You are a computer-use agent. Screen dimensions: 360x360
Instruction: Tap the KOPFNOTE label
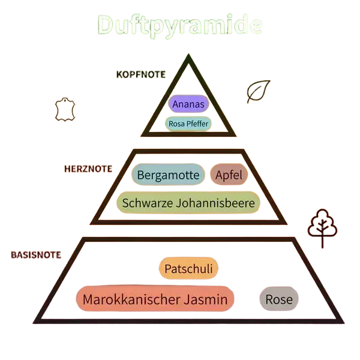pyautogui.click(x=141, y=74)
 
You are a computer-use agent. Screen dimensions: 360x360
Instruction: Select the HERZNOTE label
pyautogui.click(x=88, y=169)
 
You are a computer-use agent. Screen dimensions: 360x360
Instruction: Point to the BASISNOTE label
pyautogui.click(x=36, y=255)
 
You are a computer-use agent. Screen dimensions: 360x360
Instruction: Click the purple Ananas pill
pyautogui.click(x=188, y=104)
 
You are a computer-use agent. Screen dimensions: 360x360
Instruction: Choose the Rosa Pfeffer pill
pyautogui.click(x=188, y=124)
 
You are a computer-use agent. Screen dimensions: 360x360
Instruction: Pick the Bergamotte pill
pyautogui.click(x=168, y=175)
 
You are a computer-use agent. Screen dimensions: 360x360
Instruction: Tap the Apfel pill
pyautogui.click(x=229, y=175)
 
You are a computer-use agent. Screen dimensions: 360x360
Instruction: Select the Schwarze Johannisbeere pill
pyautogui.click(x=188, y=203)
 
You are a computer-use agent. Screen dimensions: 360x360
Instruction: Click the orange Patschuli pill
pyautogui.click(x=188, y=268)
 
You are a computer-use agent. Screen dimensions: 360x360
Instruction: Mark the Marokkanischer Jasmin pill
pyautogui.click(x=155, y=299)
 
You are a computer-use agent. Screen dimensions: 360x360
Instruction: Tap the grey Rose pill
pyautogui.click(x=279, y=299)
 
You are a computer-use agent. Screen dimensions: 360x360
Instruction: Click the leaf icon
pyautogui.click(x=259, y=91)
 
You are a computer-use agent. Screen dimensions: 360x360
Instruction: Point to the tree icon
pyautogui.click(x=322, y=228)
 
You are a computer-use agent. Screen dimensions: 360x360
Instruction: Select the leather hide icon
pyautogui.click(x=65, y=109)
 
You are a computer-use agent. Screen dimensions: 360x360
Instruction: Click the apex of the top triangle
pyautogui.click(x=188, y=54)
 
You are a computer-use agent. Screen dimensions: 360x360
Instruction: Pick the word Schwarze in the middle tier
pyautogui.click(x=148, y=203)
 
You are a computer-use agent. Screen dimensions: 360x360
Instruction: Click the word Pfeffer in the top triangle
pyautogui.click(x=197, y=124)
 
